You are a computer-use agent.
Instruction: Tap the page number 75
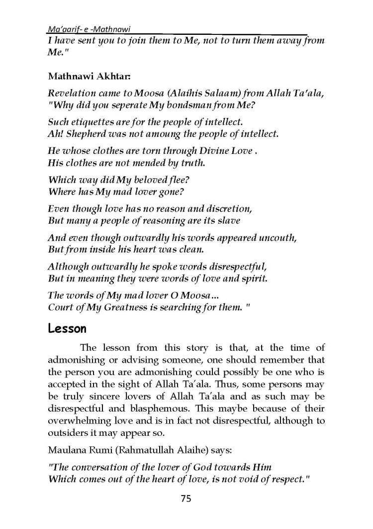(186, 498)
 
